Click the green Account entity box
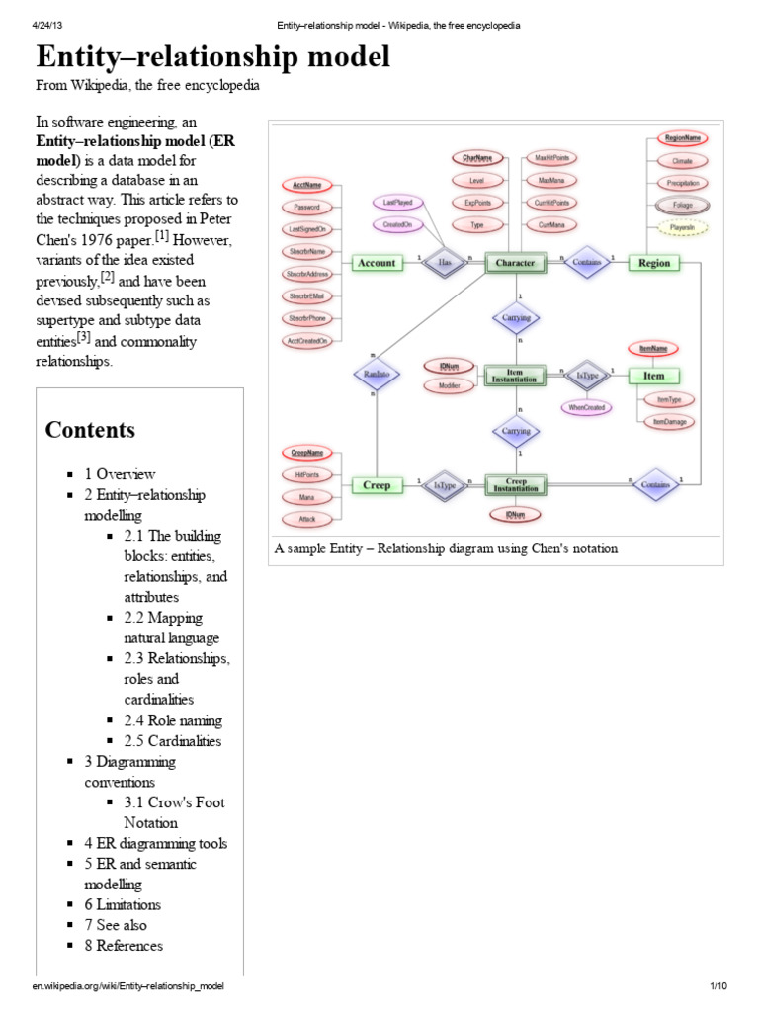[377, 263]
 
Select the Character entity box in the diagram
[515, 263]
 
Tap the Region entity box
[654, 263]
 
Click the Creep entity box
[377, 485]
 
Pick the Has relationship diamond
[444, 263]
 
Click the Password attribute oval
[306, 208]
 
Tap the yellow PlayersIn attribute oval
[682, 228]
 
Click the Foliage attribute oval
[682, 206]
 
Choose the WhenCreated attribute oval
[587, 407]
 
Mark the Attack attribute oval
[307, 519]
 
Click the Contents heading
[91, 430]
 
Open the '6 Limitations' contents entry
[123, 904]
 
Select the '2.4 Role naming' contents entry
[173, 720]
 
